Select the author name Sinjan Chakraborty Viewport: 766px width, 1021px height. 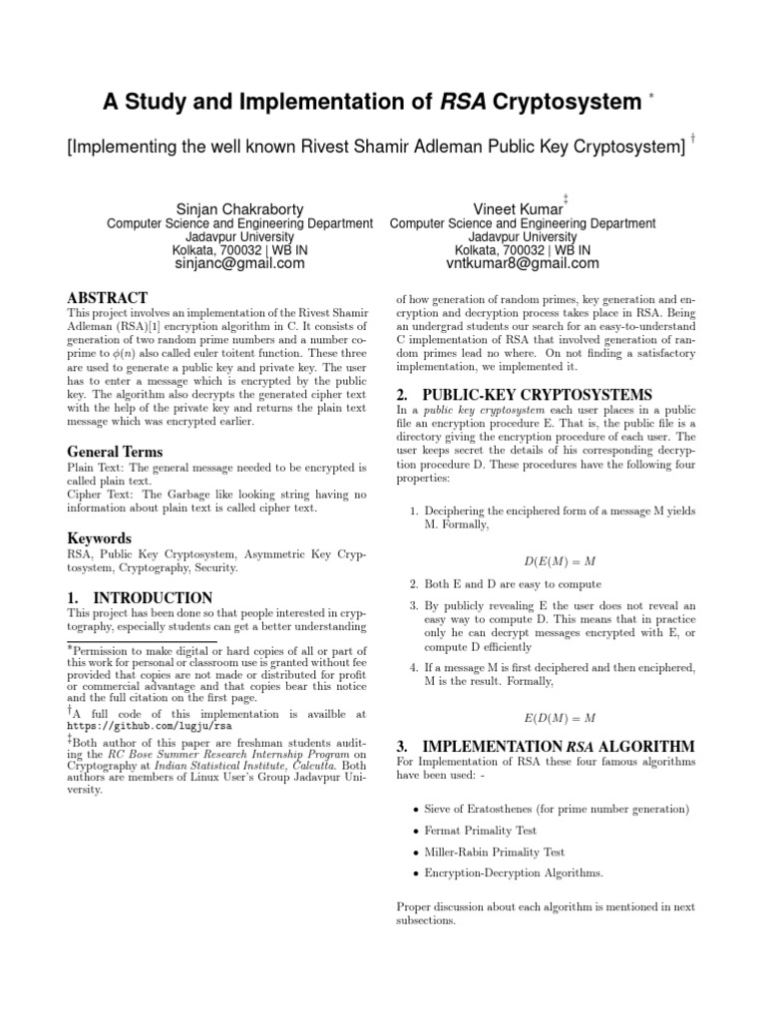pos(239,208)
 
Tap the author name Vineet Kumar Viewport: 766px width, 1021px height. pos(522,208)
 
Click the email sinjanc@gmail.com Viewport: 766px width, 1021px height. pos(239,264)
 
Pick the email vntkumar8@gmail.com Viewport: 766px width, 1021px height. pos(522,264)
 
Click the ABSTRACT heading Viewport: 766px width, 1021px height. pos(107,297)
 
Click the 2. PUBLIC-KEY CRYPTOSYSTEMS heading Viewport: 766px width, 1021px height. pos(524,394)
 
